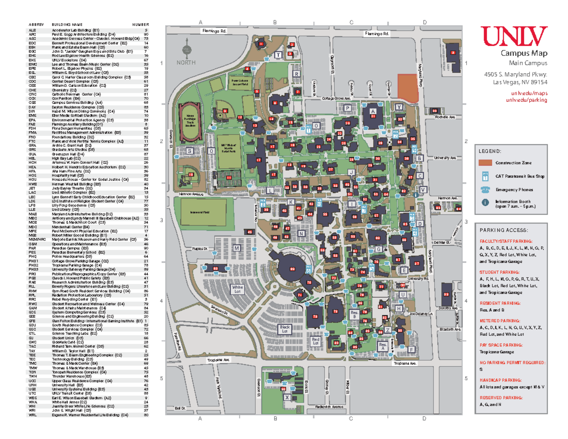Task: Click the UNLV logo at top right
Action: point(514,35)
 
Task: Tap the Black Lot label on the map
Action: point(284,329)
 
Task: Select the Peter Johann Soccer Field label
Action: point(240,82)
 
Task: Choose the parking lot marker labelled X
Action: point(287,398)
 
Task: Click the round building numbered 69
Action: point(292,269)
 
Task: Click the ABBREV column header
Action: point(36,25)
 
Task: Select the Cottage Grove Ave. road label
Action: point(336,99)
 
